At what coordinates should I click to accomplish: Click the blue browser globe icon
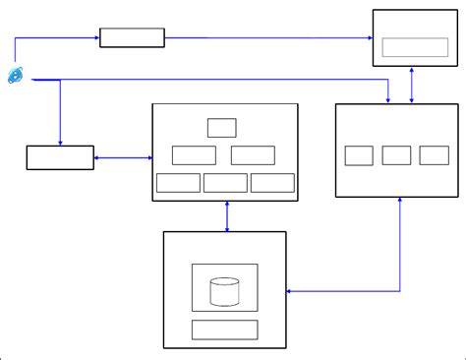pyautogui.click(x=16, y=75)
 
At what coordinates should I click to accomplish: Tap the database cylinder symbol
pyautogui.click(x=225, y=291)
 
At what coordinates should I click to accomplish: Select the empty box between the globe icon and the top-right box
pyautogui.click(x=132, y=38)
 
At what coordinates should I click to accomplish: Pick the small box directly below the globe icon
pyautogui.click(x=60, y=157)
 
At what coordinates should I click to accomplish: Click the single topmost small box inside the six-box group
pyautogui.click(x=222, y=127)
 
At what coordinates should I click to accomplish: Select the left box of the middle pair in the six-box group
pyautogui.click(x=194, y=154)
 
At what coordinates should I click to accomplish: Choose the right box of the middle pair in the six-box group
pyautogui.click(x=253, y=154)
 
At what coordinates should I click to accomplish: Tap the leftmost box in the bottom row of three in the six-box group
pyautogui.click(x=178, y=183)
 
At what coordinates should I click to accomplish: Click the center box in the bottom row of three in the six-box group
pyautogui.click(x=225, y=183)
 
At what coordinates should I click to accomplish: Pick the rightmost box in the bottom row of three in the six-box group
pyautogui.click(x=272, y=183)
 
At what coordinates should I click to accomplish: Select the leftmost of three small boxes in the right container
pyautogui.click(x=359, y=155)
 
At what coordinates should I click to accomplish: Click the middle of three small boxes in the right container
pyautogui.click(x=396, y=155)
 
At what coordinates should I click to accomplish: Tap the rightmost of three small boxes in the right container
pyautogui.click(x=434, y=155)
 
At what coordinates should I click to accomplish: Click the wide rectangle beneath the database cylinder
pyautogui.click(x=224, y=330)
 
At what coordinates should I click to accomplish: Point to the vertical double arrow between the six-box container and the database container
pyautogui.click(x=227, y=216)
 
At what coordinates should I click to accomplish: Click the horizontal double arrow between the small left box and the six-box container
pyautogui.click(x=123, y=157)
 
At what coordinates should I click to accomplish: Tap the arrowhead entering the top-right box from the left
pyautogui.click(x=368, y=38)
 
